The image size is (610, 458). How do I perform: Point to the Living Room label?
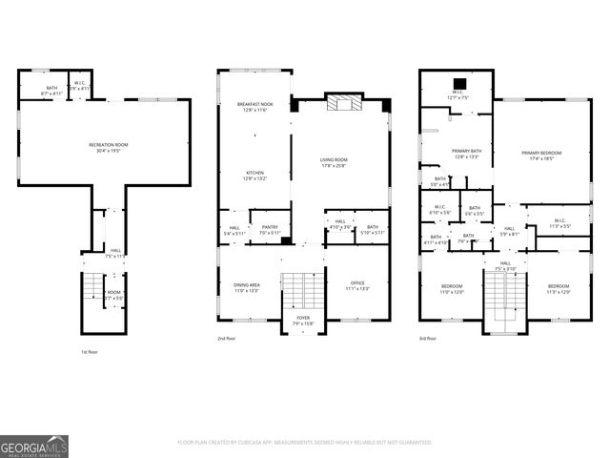pos(340,162)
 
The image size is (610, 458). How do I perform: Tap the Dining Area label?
pos(247,287)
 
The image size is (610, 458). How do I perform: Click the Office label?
pos(358,283)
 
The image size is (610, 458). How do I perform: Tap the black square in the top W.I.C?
pos(458,82)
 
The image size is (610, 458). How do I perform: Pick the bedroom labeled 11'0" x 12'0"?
pos(452,288)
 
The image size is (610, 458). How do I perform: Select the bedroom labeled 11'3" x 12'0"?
pos(559,288)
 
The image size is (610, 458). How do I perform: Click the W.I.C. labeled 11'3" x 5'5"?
pos(559,223)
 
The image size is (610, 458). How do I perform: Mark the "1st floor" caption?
pos(89,351)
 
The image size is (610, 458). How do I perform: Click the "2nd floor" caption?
pos(226,338)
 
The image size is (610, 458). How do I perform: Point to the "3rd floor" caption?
pos(428,338)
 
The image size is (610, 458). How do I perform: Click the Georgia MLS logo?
pos(34,445)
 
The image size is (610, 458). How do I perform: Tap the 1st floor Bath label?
pos(52,91)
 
